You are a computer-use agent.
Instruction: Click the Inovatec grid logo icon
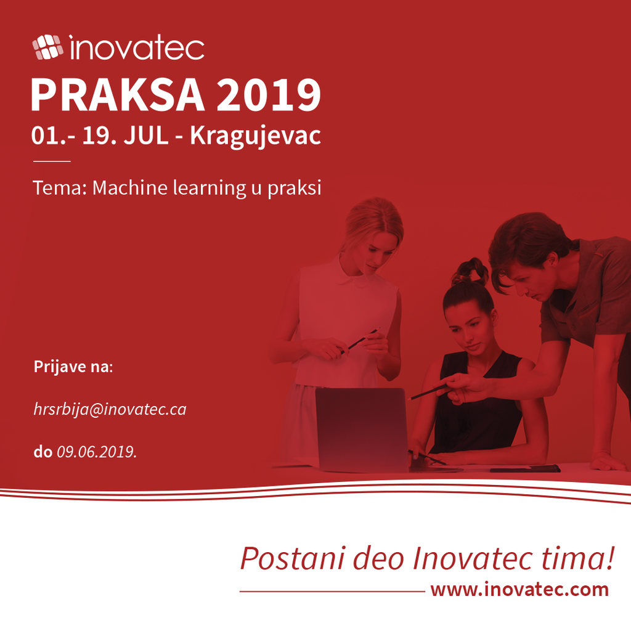(x=47, y=47)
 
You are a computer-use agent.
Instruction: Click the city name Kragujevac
(x=255, y=136)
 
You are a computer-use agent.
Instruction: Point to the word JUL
(x=145, y=135)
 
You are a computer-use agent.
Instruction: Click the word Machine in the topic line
(x=129, y=187)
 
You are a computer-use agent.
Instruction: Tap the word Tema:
(x=60, y=187)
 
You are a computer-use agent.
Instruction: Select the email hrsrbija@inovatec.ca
(x=110, y=410)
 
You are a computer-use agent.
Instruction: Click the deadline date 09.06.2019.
(x=97, y=452)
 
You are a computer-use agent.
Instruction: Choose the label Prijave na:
(x=73, y=367)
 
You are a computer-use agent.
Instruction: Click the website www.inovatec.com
(x=519, y=590)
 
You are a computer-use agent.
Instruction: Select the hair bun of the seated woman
(x=470, y=271)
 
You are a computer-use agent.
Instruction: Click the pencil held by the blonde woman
(x=359, y=341)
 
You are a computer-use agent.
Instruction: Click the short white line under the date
(x=52, y=161)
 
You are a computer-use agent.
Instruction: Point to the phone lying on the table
(x=525, y=468)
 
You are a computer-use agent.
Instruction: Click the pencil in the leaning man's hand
(x=429, y=392)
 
